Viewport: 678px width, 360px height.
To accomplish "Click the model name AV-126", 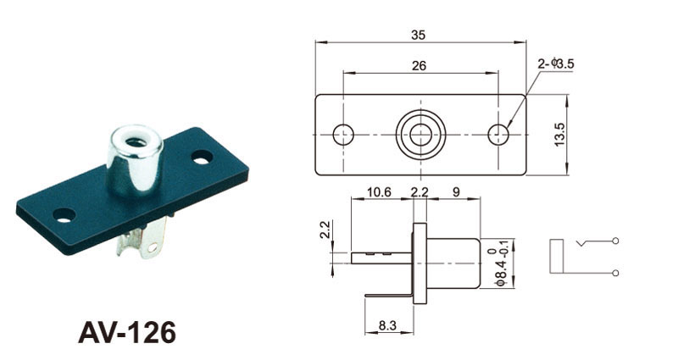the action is (x=127, y=332).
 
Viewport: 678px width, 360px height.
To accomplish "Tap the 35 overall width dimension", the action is (x=418, y=35).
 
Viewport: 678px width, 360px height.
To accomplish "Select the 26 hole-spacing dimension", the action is (x=419, y=66).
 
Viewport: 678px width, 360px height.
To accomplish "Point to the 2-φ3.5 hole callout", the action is (x=556, y=64).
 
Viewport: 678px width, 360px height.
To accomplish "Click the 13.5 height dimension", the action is (x=559, y=135).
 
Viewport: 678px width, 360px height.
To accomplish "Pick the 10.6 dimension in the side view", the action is (x=379, y=192).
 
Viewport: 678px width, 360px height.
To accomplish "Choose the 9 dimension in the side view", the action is (x=456, y=192).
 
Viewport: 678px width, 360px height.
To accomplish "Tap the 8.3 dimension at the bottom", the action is (x=387, y=325).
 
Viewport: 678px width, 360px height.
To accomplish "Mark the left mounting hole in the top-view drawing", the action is (x=343, y=135).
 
